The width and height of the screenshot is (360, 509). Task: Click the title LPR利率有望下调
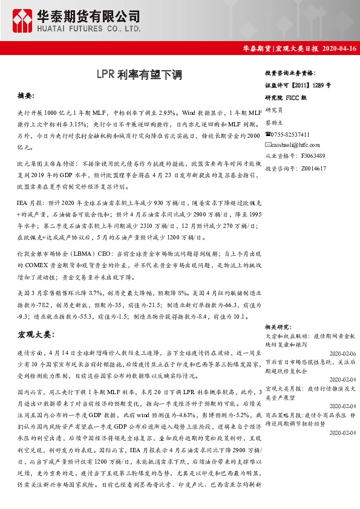point(139,75)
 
